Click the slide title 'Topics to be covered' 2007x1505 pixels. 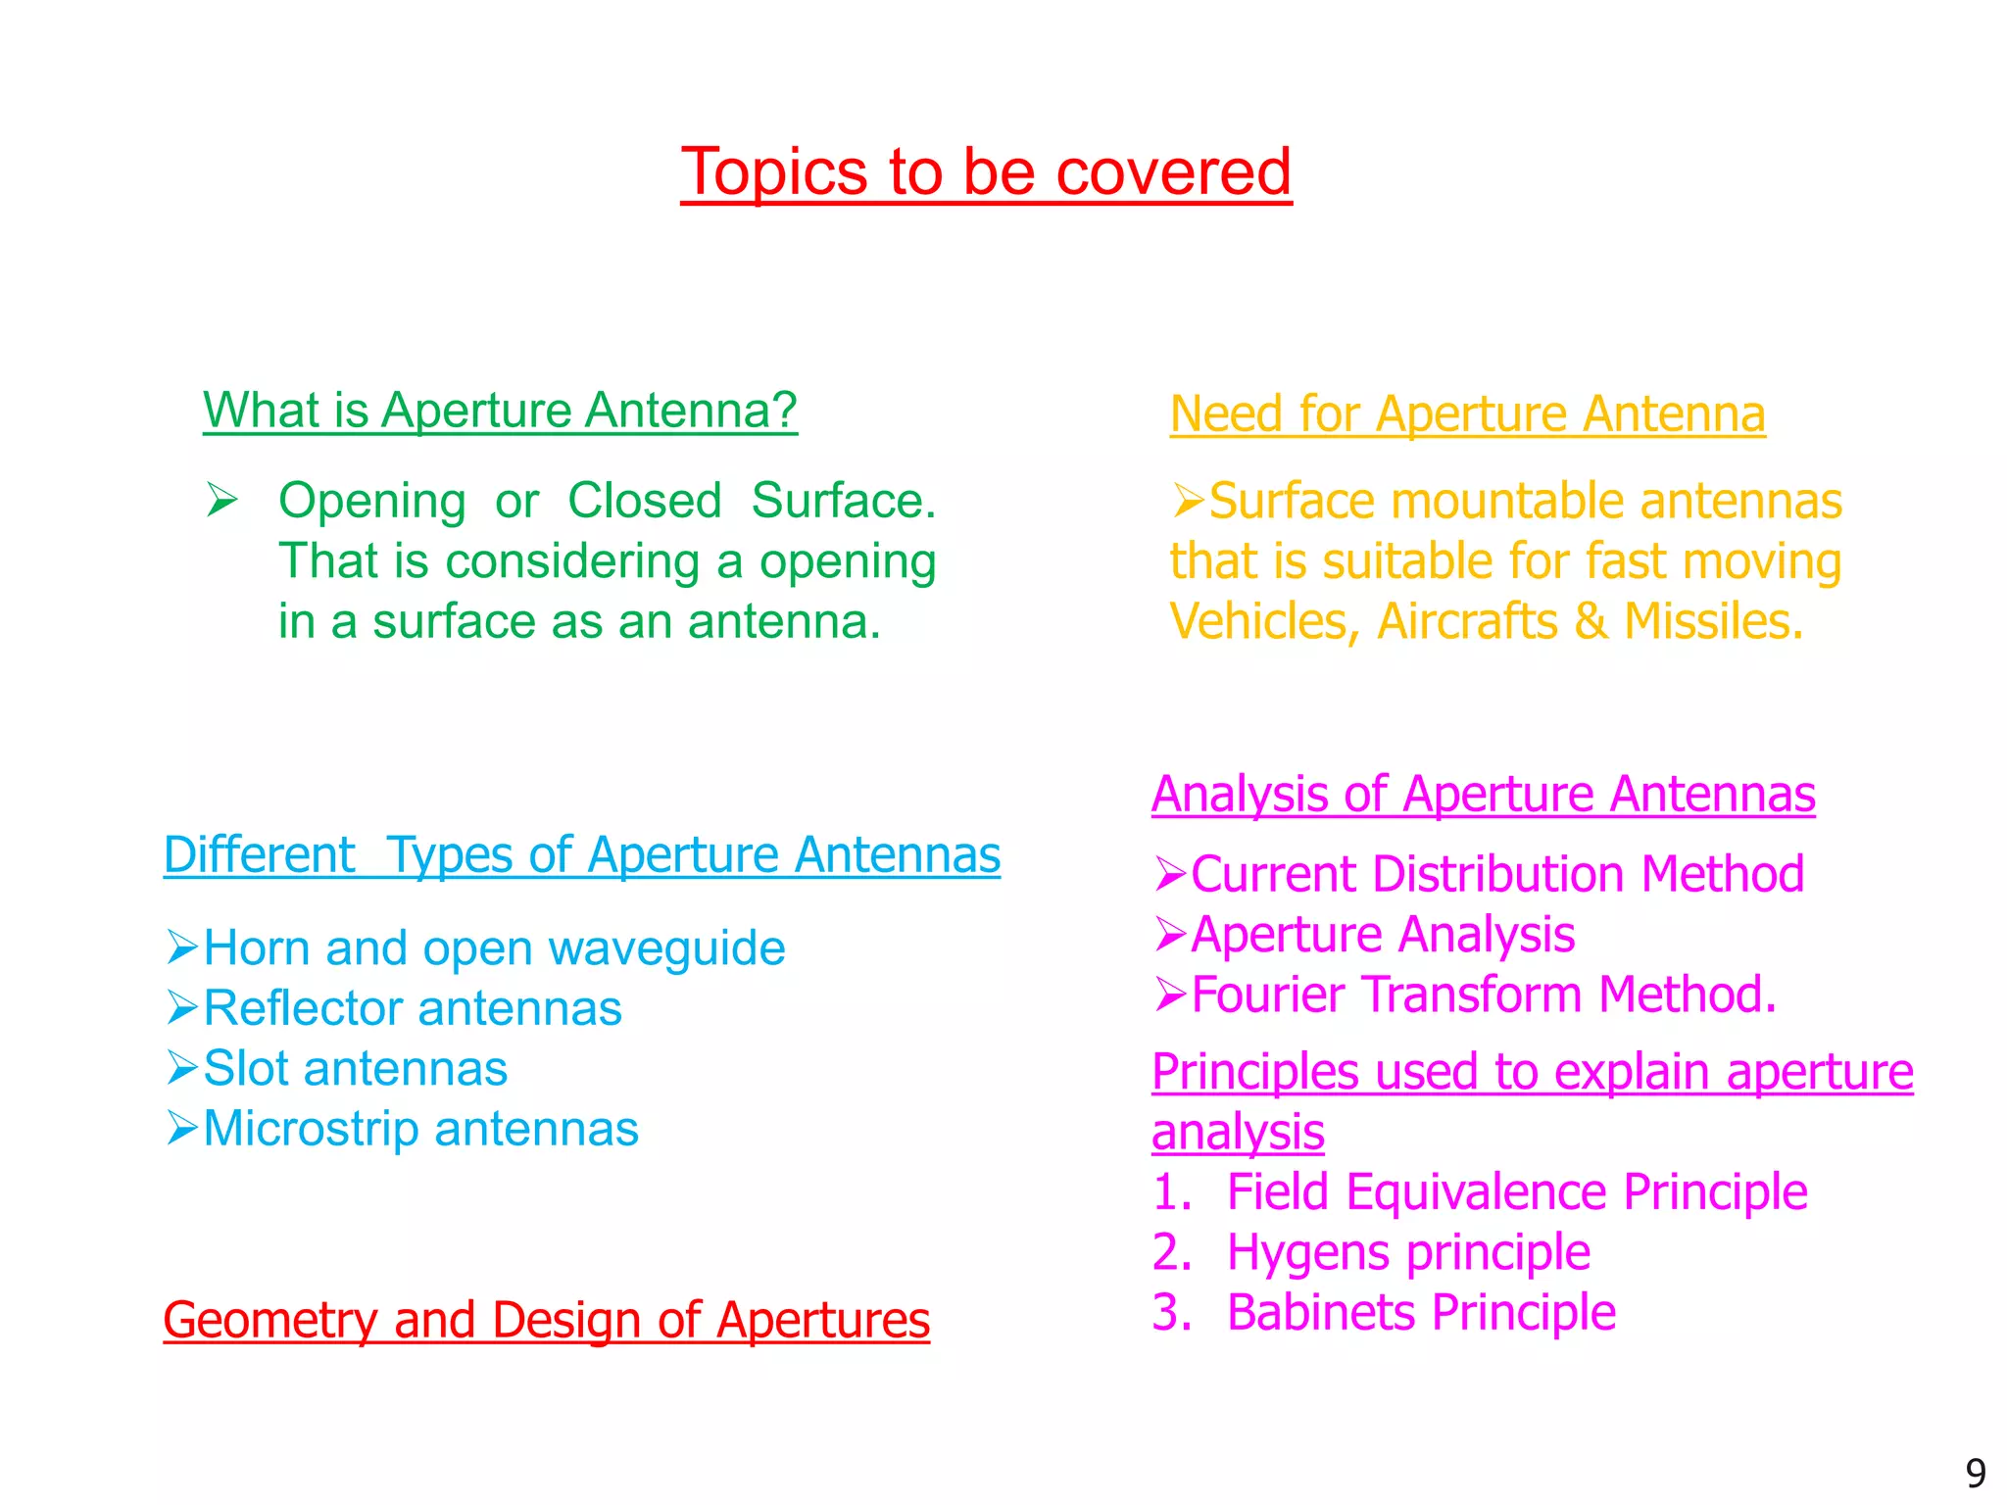click(x=986, y=172)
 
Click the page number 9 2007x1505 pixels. click(x=1976, y=1474)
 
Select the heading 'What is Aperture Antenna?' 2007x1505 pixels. click(x=500, y=411)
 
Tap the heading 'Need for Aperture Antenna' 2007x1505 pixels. click(x=1467, y=414)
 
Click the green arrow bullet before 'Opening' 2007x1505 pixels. click(x=222, y=501)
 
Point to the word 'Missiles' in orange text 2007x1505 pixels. click(x=1711, y=621)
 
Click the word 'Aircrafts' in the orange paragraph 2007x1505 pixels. click(x=1467, y=621)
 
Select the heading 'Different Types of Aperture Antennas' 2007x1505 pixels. click(x=582, y=855)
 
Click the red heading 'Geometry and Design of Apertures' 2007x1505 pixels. click(x=546, y=1320)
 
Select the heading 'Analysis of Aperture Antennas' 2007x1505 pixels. click(x=1483, y=795)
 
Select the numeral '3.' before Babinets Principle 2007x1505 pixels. click(x=1172, y=1313)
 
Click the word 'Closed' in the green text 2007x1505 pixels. click(x=645, y=501)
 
